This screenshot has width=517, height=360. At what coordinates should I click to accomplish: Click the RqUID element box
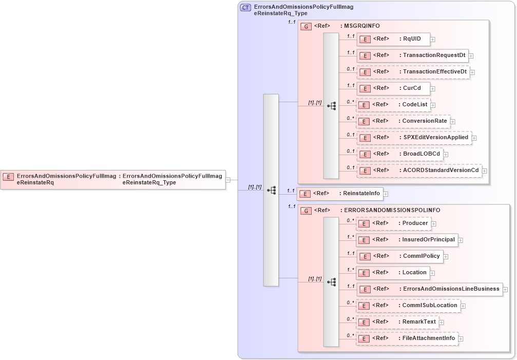(x=393, y=39)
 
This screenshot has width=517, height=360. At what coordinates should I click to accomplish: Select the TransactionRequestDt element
(x=412, y=55)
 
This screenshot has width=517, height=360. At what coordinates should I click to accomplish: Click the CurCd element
(x=393, y=88)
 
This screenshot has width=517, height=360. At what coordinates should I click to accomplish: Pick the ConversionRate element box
(x=404, y=121)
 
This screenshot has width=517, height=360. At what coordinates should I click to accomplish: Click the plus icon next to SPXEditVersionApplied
(x=474, y=138)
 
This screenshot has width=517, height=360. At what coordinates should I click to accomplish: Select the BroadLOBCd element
(x=399, y=154)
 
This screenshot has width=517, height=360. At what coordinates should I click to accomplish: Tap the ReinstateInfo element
(x=340, y=194)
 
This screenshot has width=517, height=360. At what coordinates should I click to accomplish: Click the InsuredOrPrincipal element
(x=407, y=240)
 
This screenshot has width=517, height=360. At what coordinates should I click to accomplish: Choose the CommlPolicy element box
(x=399, y=256)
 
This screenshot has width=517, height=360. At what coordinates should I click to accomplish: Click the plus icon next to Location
(x=433, y=273)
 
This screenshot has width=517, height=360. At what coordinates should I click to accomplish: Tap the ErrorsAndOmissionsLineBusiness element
(x=429, y=289)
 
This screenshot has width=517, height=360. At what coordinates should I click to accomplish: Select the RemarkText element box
(x=397, y=322)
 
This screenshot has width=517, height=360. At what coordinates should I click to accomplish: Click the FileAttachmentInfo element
(x=407, y=338)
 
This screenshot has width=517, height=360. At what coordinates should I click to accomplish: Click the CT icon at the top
(x=246, y=8)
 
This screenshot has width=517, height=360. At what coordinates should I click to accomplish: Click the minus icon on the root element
(x=228, y=180)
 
